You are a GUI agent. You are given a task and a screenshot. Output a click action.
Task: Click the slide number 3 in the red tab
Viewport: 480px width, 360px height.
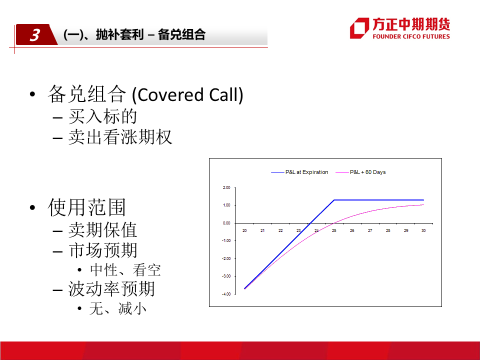click(x=34, y=35)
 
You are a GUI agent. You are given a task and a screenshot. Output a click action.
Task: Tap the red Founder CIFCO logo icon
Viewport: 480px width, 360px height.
click(x=359, y=28)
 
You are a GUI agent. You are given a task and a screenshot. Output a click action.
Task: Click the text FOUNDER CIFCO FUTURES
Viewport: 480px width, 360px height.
click(x=411, y=36)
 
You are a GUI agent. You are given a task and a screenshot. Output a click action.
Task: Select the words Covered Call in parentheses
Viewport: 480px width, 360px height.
click(x=187, y=94)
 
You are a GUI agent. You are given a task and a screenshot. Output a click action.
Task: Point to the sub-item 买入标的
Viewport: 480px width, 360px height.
click(x=102, y=116)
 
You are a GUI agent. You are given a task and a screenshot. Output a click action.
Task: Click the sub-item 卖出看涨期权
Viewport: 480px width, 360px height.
click(x=120, y=137)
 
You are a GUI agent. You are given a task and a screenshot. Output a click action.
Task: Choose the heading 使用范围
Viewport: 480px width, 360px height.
click(x=87, y=207)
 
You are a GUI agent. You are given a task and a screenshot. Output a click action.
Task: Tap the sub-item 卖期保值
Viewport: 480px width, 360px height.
click(x=102, y=230)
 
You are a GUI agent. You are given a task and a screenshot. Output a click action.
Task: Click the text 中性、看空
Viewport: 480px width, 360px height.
click(x=125, y=270)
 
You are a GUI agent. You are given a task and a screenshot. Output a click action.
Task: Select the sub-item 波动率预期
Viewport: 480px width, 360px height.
click(x=111, y=288)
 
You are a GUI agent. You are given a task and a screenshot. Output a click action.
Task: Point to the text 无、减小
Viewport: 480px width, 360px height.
click(x=118, y=308)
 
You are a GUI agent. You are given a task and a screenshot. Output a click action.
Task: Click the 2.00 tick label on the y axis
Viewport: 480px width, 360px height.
click(x=226, y=187)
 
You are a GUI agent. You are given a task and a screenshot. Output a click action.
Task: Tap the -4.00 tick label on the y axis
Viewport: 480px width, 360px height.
click(x=226, y=294)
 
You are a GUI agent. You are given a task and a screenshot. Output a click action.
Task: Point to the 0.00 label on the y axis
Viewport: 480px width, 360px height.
click(x=226, y=223)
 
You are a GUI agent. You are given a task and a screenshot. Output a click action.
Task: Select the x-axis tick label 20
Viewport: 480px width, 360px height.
click(x=244, y=230)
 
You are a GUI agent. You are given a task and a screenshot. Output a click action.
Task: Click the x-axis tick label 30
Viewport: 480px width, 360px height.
click(x=423, y=230)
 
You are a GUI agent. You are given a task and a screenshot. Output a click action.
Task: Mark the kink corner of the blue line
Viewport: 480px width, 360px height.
click(x=334, y=200)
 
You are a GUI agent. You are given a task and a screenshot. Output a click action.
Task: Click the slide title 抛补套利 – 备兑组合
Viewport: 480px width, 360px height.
click(x=150, y=34)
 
